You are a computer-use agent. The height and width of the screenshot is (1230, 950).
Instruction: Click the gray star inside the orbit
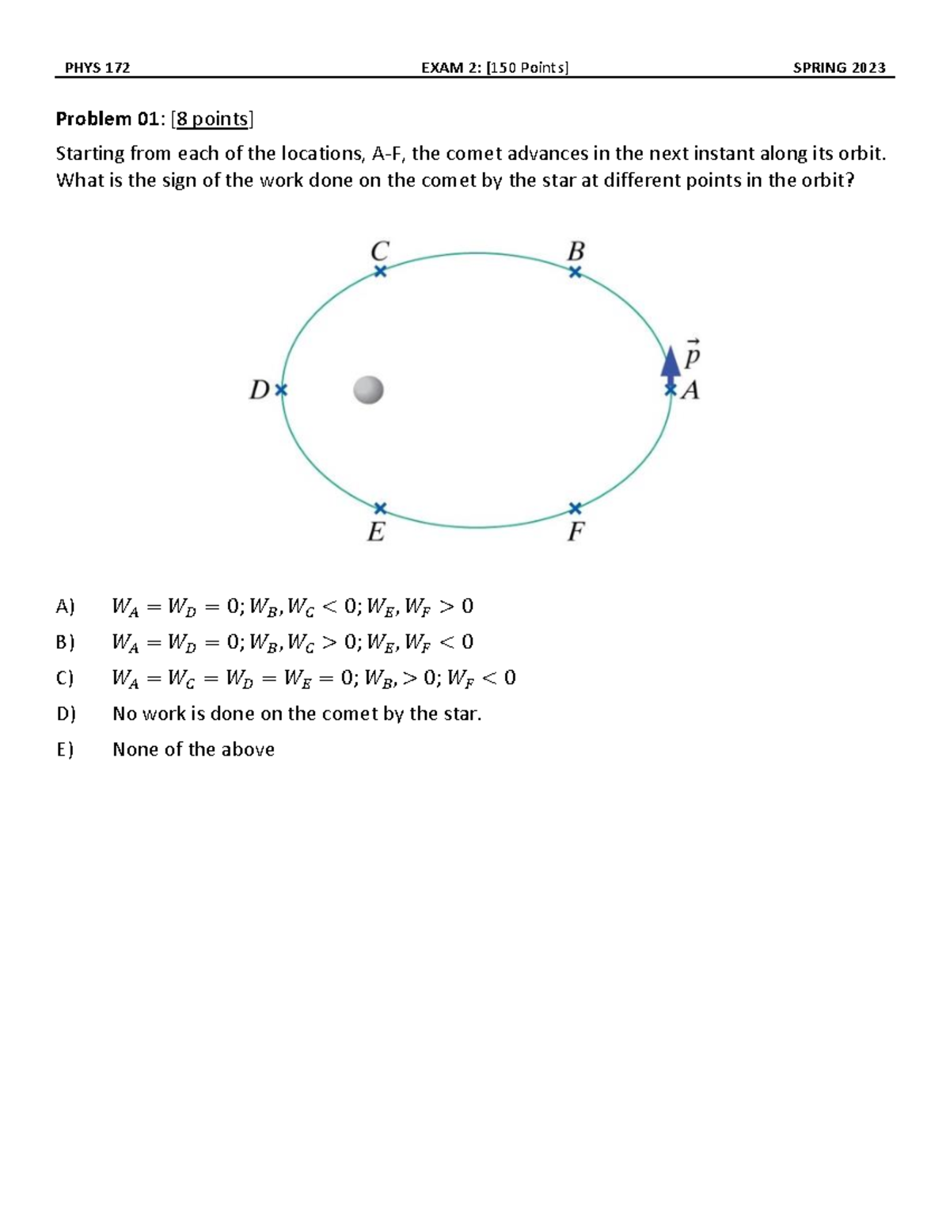tap(368, 390)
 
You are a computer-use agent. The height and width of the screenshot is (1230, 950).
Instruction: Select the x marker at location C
tap(380, 272)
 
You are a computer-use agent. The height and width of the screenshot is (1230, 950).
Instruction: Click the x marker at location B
tap(576, 272)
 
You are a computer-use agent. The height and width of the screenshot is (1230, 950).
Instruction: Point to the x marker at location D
tap(281, 390)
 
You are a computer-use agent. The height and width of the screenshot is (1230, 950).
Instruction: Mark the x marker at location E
tap(380, 508)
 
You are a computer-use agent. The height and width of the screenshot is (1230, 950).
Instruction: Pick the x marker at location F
tap(576, 508)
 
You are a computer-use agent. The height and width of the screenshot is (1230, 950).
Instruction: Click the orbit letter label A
tap(690, 390)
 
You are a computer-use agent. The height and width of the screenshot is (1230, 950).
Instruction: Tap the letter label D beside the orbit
tap(260, 390)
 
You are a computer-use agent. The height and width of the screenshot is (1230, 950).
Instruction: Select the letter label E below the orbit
tap(377, 532)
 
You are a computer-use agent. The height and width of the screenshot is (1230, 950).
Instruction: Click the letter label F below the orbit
tap(576, 532)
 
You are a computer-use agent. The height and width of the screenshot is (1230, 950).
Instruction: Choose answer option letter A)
tap(65, 607)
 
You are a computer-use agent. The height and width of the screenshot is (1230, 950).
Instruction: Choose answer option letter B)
tap(65, 642)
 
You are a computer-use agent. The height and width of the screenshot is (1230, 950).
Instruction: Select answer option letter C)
tap(65, 678)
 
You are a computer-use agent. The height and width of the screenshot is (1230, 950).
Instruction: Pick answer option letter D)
tap(66, 714)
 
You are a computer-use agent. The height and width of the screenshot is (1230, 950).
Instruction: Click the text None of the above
tap(193, 749)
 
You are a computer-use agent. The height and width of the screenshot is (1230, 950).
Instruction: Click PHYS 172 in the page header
tap(97, 67)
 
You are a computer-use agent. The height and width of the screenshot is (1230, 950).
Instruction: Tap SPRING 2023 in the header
tap(839, 67)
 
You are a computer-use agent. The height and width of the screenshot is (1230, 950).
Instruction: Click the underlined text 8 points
tap(212, 119)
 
